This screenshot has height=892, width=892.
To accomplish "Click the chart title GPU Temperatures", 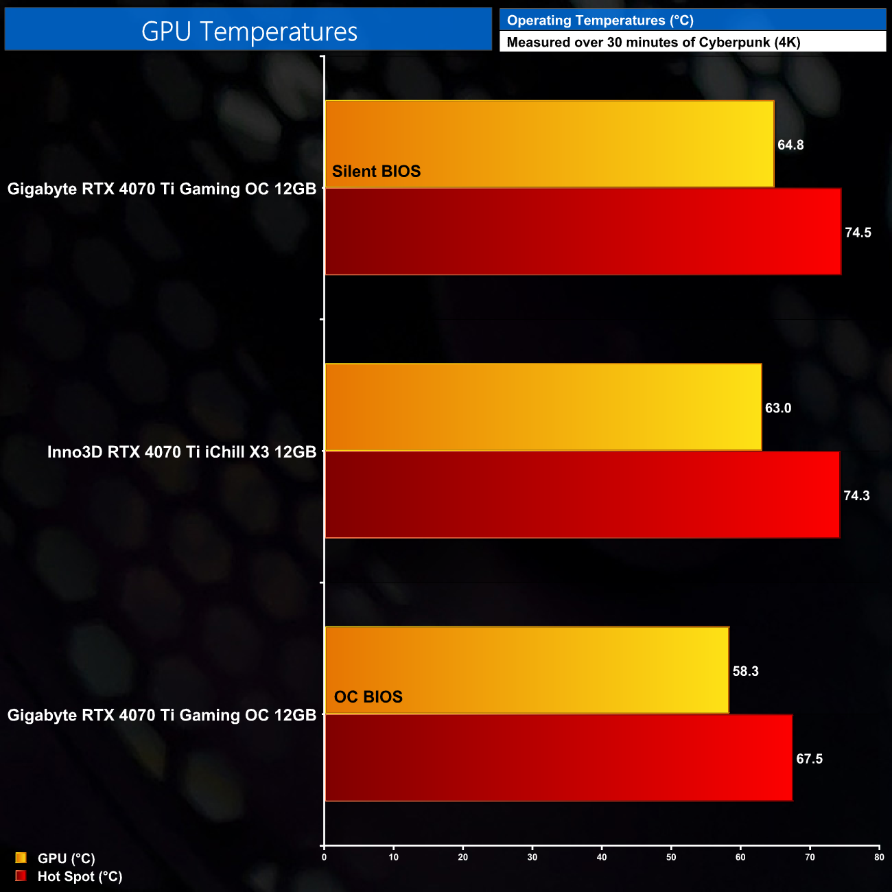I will point(249,32).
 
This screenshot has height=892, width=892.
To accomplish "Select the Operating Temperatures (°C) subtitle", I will point(600,21).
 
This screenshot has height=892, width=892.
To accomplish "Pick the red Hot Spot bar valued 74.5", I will point(583,232).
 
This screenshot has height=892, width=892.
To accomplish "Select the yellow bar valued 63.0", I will point(543,407).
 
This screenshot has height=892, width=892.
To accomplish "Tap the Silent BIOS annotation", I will point(376,172).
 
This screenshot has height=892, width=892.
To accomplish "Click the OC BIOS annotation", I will point(368,697).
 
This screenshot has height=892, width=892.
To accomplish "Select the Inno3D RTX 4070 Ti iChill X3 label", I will point(182,452).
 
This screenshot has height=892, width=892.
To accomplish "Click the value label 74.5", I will point(858,233).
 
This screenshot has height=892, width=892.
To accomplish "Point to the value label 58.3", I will point(745,671).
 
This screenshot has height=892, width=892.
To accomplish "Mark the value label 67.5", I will point(809,759).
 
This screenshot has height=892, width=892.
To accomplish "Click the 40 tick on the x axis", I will point(602,857).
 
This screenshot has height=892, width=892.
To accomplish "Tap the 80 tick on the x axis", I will point(879,857).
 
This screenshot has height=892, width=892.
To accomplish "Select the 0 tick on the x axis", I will point(325,857).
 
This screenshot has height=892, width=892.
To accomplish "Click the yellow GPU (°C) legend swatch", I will point(21,858).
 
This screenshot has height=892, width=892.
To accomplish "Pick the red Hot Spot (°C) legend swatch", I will point(21,876).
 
